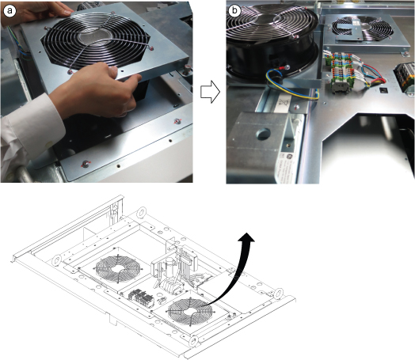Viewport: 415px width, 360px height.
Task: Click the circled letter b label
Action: click(234, 11)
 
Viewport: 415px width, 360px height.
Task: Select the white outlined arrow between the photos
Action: click(210, 93)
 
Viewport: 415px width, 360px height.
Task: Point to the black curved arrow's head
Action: click(246, 237)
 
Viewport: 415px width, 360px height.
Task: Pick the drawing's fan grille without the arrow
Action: click(118, 269)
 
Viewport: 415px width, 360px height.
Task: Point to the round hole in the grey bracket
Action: click(264, 134)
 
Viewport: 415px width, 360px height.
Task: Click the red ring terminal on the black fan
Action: click(287, 68)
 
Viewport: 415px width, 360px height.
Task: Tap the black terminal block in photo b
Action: click(404, 76)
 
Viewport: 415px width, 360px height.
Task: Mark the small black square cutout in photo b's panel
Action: click(383, 91)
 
